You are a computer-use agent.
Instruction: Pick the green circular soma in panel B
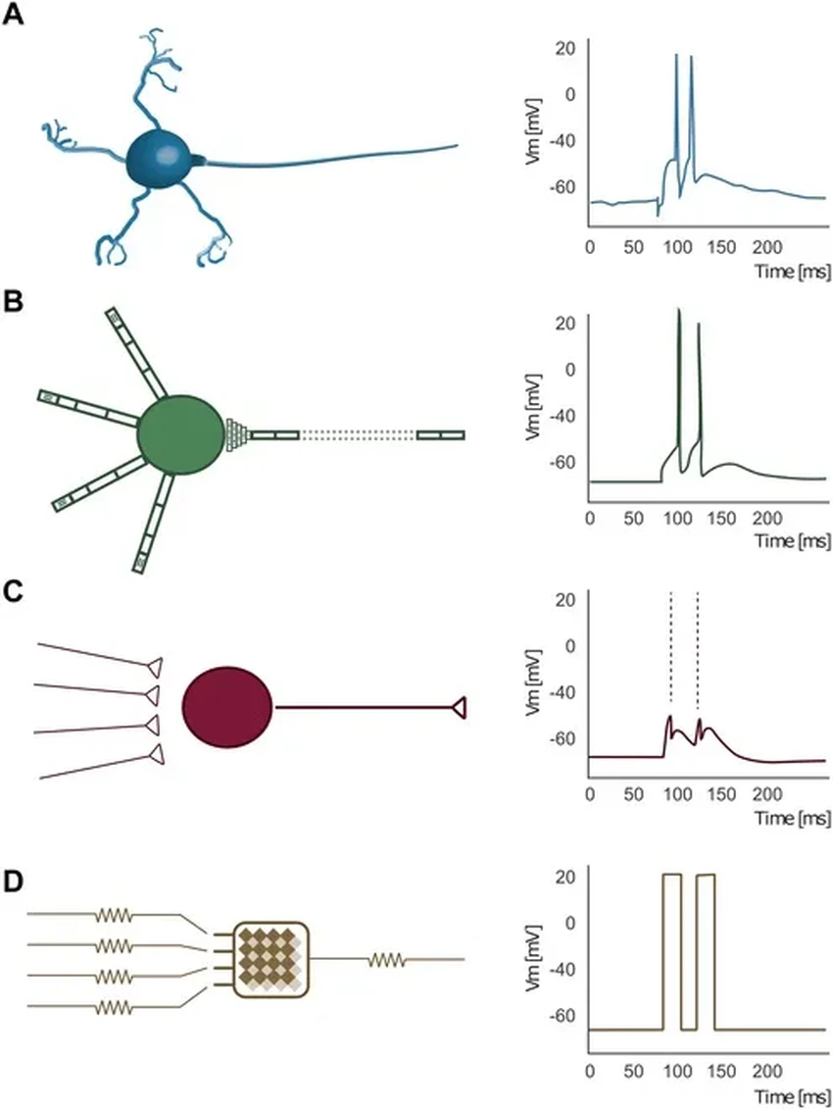tap(180, 434)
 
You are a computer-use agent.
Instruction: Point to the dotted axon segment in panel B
tap(358, 434)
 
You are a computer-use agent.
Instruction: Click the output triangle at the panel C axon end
tap(458, 706)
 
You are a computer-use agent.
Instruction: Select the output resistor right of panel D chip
tap(387, 960)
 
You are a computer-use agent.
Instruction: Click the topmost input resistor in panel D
tap(113, 915)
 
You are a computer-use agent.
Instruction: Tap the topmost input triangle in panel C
tap(152, 667)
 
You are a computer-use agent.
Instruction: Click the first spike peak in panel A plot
tap(676, 56)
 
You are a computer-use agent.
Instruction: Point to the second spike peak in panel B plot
tap(700, 325)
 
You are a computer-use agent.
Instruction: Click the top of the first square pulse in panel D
tap(671, 874)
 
